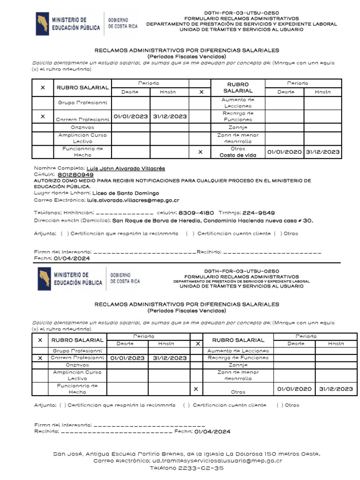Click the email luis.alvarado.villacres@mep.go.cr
click(x=127, y=200)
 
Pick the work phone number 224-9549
click(x=259, y=213)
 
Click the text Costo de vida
click(x=238, y=155)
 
